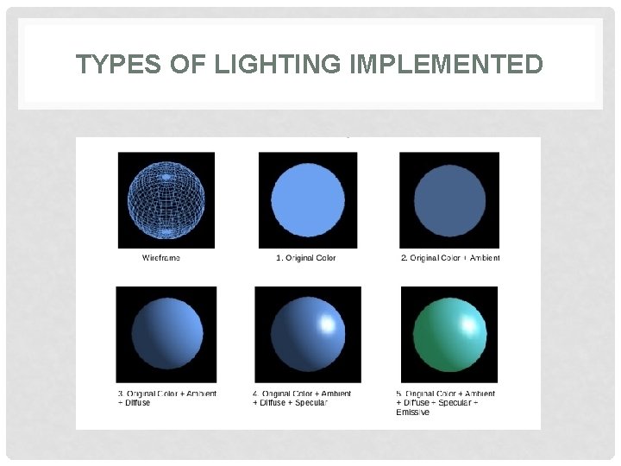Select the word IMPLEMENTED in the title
tap(447, 65)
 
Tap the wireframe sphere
tap(166, 200)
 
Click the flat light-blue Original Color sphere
tap(308, 200)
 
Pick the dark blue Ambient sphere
tap(449, 200)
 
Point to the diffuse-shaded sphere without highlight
tap(166, 335)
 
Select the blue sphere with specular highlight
tap(308, 335)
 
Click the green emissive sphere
tap(449, 335)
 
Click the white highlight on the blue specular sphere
tap(328, 324)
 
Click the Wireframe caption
tap(161, 258)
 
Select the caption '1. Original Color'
tap(305, 258)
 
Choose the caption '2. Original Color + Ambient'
tap(450, 258)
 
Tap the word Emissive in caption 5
tap(413, 412)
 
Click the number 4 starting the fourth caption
tap(256, 394)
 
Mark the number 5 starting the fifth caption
tap(398, 394)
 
